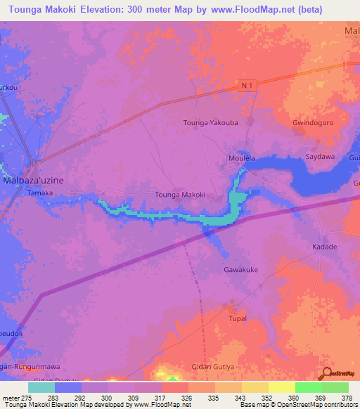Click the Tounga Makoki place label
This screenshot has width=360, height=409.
[x=179, y=195]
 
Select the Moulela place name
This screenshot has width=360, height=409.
[x=241, y=158]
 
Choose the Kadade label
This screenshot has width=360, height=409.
[x=324, y=247]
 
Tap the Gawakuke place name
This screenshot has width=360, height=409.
[x=241, y=269]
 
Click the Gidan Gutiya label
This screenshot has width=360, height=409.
[x=213, y=367]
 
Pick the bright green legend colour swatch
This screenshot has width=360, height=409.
[x=308, y=387]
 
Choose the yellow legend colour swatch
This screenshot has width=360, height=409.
[x=281, y=387]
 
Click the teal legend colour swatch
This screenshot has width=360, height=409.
[x=41, y=387]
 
